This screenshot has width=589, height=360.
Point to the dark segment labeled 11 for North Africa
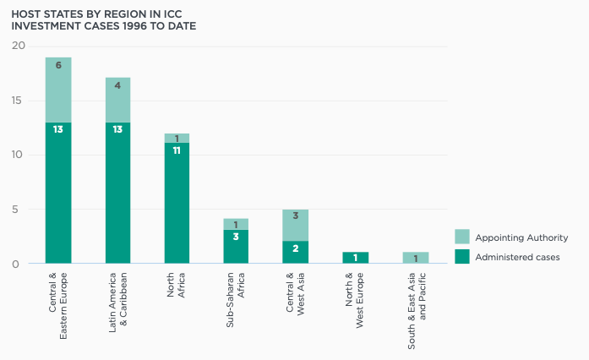point(177,203)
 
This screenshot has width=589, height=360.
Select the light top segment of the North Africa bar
point(177,138)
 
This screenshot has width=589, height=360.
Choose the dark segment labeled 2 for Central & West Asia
point(295,253)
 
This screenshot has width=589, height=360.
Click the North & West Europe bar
point(355,258)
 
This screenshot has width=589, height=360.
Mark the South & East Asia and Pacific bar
point(415,258)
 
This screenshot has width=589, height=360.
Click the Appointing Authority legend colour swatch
point(461,237)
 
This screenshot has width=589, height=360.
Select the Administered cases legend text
point(515,257)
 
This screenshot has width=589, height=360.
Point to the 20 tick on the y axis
point(19,46)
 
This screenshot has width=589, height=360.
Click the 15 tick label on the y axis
point(19,101)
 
